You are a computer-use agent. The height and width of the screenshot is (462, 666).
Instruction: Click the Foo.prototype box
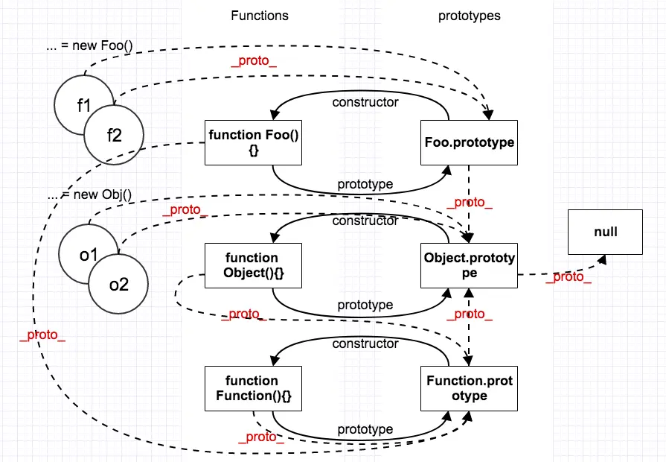[x=469, y=142]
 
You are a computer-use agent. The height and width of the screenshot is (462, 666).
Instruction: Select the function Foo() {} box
[x=253, y=142]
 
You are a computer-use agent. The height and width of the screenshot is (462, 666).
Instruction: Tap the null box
[x=605, y=232]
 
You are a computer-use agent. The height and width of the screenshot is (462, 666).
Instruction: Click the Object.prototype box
[x=469, y=265]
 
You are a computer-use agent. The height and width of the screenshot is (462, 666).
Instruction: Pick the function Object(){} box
[x=253, y=265]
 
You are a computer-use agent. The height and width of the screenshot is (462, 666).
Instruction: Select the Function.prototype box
[x=469, y=388]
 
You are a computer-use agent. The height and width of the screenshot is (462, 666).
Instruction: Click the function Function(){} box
[x=253, y=388]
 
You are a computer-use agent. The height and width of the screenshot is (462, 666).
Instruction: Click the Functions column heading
[x=260, y=16]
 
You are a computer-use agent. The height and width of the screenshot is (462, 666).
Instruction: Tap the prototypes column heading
[x=470, y=16]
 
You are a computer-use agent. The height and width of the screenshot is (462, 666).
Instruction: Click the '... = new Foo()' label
[x=89, y=45]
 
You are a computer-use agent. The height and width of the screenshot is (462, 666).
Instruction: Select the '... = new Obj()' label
[x=89, y=194]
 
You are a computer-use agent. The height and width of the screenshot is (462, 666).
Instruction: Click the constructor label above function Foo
[x=365, y=102]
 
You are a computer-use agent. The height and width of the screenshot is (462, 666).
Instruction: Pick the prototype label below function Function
[x=365, y=429]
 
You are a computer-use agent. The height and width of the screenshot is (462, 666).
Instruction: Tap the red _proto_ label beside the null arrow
[x=569, y=277]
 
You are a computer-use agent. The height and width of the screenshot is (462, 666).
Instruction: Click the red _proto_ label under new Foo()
[x=254, y=61]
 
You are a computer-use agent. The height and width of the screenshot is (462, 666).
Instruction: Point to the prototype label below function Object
[x=365, y=305]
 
